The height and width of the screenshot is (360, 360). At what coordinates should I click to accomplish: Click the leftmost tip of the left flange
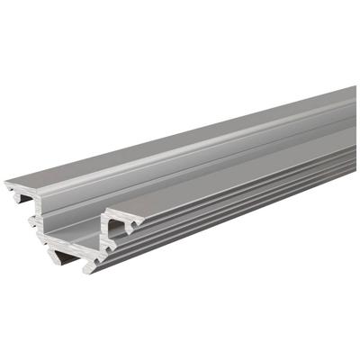click(6, 186)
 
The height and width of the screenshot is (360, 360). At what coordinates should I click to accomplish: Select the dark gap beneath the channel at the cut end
click(67, 256)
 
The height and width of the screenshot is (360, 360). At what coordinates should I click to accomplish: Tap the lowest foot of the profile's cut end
click(90, 268)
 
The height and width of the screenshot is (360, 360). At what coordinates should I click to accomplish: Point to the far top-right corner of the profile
click(355, 87)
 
